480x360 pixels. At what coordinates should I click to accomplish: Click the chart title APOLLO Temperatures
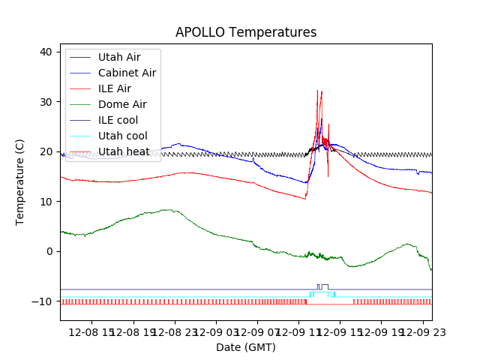tap(246, 33)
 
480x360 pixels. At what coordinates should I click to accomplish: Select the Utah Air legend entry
tap(118, 57)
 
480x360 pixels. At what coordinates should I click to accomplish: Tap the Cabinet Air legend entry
tap(127, 73)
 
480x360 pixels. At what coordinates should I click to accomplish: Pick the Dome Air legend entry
tap(122, 104)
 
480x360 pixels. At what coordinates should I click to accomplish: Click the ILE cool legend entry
tap(118, 120)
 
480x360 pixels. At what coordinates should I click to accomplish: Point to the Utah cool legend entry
tap(122, 136)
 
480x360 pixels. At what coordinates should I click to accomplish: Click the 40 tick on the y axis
tap(46, 52)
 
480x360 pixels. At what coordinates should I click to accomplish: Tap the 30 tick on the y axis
tap(46, 102)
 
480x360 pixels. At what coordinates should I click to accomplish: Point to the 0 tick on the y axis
tap(49, 251)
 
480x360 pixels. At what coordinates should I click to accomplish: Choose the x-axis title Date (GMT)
tap(246, 347)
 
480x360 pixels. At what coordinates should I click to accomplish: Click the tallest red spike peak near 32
tap(318, 91)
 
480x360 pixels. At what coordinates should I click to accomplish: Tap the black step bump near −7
tap(322, 286)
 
